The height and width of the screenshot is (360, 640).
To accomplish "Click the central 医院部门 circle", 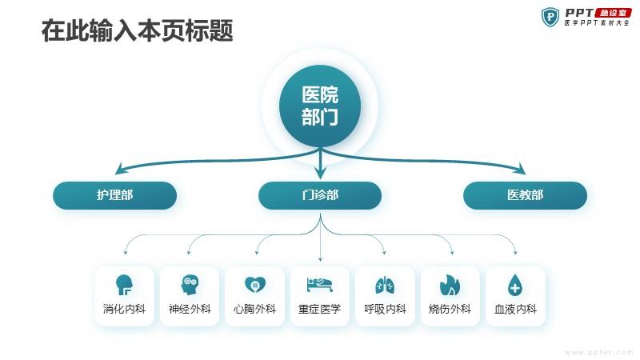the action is [x=320, y=106].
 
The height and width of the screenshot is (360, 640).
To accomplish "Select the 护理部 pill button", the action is [x=114, y=195].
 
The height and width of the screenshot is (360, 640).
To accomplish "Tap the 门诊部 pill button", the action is [x=320, y=195].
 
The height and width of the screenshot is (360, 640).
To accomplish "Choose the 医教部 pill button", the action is [x=526, y=195].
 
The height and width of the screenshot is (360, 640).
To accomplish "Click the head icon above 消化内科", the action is [x=124, y=285].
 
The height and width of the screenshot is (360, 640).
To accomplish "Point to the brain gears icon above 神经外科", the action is [x=190, y=285].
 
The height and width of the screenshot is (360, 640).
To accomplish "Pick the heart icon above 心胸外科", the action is [x=255, y=285].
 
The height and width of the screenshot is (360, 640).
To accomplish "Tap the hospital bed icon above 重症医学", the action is [x=320, y=285].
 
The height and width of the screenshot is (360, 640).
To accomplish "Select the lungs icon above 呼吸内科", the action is [x=385, y=285].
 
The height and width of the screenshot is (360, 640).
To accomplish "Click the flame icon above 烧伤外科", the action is [x=450, y=285].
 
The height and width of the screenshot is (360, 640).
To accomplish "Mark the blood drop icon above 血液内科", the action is [x=515, y=285].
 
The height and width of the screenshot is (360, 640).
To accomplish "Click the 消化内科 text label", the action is [x=125, y=309].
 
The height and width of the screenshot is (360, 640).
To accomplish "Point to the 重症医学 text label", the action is [x=319, y=309].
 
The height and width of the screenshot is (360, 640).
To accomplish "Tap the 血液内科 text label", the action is [x=515, y=309].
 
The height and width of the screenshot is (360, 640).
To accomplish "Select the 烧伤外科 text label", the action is [x=450, y=309].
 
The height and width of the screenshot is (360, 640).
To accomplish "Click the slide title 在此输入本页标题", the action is [x=137, y=30].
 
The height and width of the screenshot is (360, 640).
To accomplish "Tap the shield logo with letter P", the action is [x=550, y=17].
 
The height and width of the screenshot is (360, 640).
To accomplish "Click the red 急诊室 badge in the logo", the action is [x=614, y=13].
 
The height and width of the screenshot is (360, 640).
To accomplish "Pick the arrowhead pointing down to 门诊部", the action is [x=321, y=172].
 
